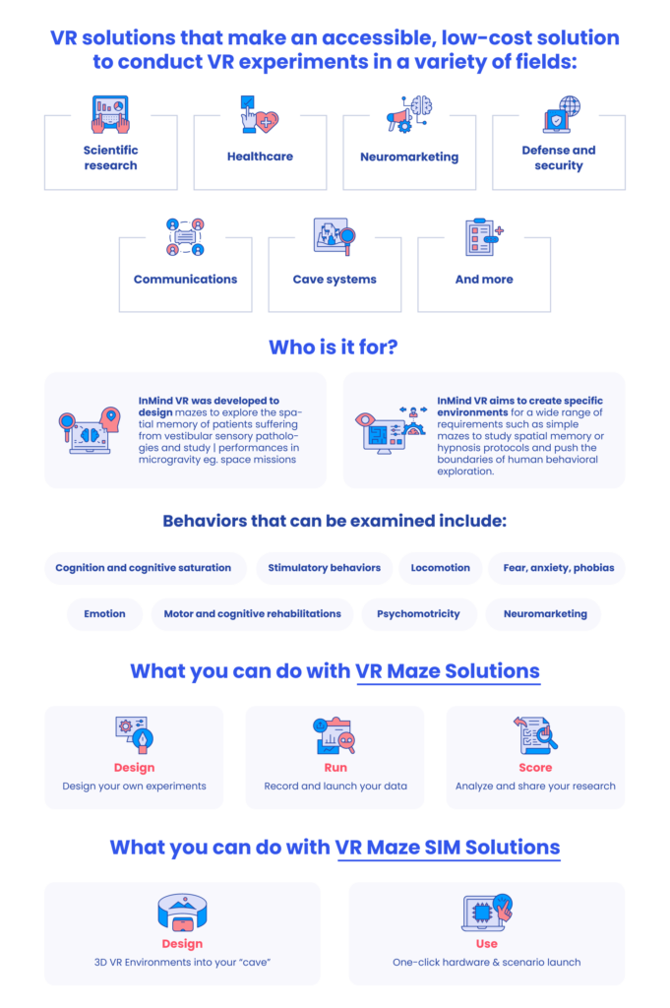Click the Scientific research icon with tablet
point(110,114)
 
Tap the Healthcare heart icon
point(260,114)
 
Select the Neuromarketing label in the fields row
point(409,157)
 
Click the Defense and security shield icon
point(560,114)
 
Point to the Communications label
point(185,279)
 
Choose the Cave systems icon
point(335,236)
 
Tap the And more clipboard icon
point(484,236)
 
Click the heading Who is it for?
point(334,347)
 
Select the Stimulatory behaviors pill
point(325,568)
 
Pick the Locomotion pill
point(441,568)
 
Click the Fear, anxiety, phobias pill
point(558,568)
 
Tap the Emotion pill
point(104,614)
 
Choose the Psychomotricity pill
point(419,614)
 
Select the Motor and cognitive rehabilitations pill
point(252,614)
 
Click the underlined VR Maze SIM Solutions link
point(448,848)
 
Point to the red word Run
point(335,768)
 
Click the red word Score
point(535,768)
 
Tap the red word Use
point(486,944)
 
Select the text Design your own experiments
point(134,787)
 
